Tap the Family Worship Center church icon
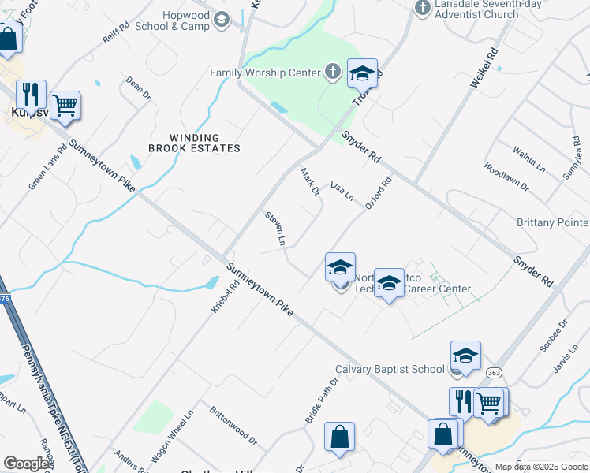(x=333, y=73)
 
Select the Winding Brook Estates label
(x=194, y=143)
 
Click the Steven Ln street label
(x=275, y=226)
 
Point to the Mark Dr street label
(x=309, y=181)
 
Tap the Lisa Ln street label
(x=342, y=190)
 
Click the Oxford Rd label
(x=379, y=193)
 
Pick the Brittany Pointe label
(x=552, y=223)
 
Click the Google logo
(x=26, y=463)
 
